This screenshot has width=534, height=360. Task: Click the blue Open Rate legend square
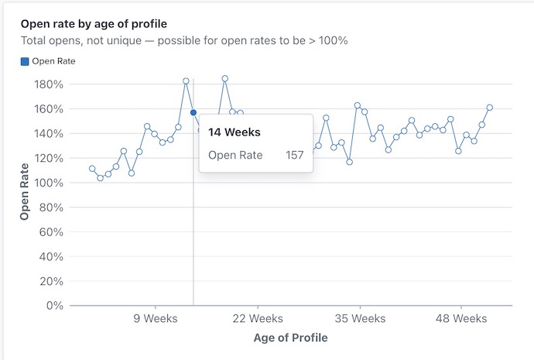pyautogui.click(x=25, y=60)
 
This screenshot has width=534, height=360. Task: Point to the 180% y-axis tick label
pyautogui.click(x=49, y=84)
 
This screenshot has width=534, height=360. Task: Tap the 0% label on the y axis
pyautogui.click(x=55, y=305)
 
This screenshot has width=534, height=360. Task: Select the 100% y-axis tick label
pyautogui.click(x=49, y=182)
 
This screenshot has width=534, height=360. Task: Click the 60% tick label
pyautogui.click(x=52, y=231)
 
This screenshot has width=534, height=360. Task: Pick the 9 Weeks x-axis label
pyautogui.click(x=156, y=318)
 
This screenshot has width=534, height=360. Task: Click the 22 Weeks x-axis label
pyautogui.click(x=258, y=318)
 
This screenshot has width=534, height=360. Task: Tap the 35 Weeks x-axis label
pyautogui.click(x=359, y=318)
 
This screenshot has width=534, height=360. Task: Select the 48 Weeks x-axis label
pyautogui.click(x=460, y=318)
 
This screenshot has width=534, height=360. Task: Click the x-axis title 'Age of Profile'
pyautogui.click(x=290, y=338)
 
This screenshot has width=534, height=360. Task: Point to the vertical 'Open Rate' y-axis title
pyautogui.click(x=25, y=191)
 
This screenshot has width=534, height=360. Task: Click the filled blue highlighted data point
pyautogui.click(x=193, y=112)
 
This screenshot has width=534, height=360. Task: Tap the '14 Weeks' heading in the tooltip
pyautogui.click(x=234, y=132)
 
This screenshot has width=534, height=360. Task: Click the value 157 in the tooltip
pyautogui.click(x=294, y=155)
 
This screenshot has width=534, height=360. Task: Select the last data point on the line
pyautogui.click(x=490, y=108)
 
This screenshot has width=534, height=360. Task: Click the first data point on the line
pyautogui.click(x=92, y=169)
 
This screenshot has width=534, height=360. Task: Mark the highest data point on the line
pyautogui.click(x=224, y=78)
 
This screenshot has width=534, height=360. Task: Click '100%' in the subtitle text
pyautogui.click(x=330, y=40)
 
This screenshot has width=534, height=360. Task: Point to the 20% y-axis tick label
pyautogui.click(x=52, y=280)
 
